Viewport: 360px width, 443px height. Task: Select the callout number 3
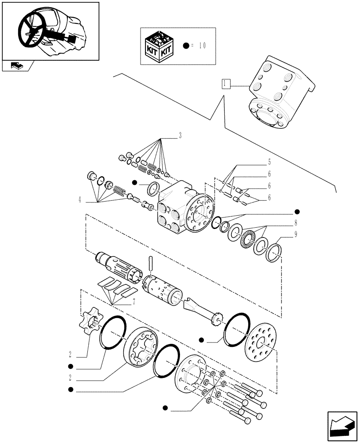(180, 135)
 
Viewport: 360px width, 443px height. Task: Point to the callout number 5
(269, 163)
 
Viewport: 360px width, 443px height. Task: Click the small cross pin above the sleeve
(151, 264)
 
